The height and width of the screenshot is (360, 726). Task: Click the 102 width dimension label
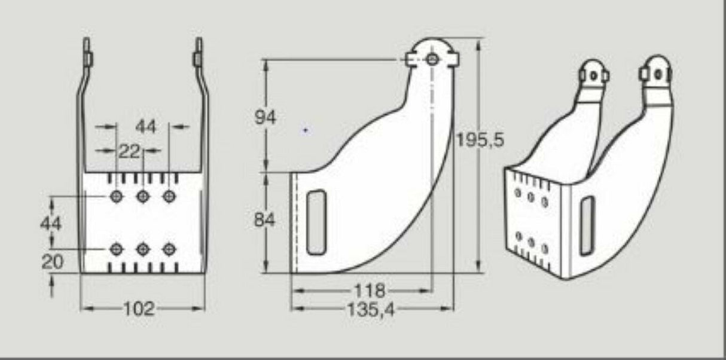(x=139, y=309)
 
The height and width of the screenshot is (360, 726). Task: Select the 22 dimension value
(x=128, y=152)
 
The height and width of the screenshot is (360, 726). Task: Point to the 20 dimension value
(x=53, y=262)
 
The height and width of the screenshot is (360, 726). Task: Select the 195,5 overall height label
(x=480, y=139)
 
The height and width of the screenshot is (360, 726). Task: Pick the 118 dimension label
(x=369, y=291)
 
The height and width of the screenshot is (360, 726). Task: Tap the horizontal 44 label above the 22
(x=145, y=127)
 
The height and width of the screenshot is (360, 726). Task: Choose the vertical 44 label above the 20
(x=51, y=223)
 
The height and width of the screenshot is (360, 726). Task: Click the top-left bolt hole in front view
(x=117, y=196)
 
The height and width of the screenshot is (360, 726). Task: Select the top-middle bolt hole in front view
(x=143, y=196)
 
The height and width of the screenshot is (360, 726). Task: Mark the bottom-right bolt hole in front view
(x=170, y=248)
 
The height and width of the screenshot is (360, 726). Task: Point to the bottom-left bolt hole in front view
(x=117, y=248)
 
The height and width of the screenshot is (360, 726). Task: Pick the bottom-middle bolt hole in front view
(x=143, y=248)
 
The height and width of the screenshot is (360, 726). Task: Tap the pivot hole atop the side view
(x=432, y=59)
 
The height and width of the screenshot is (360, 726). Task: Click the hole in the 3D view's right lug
(x=658, y=75)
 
